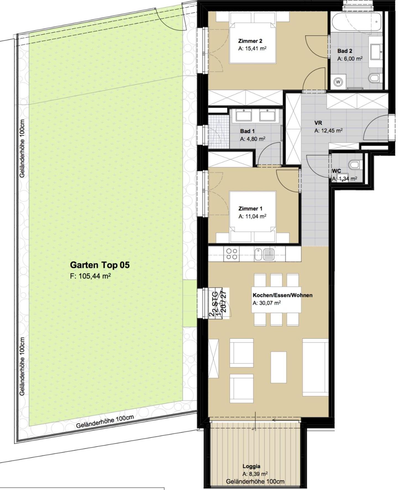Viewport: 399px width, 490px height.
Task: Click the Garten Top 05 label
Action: (x=100, y=265)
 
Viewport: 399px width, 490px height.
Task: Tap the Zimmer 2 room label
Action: (x=250, y=41)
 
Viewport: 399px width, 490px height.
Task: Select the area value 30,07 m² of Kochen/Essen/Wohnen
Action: (x=267, y=303)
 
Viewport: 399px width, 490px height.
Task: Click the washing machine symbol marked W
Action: (x=338, y=82)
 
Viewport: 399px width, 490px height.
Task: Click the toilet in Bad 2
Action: (x=374, y=78)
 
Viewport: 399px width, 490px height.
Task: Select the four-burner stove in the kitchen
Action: (x=232, y=254)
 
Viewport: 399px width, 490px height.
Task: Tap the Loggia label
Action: (x=251, y=466)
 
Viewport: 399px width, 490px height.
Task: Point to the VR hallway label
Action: (x=318, y=123)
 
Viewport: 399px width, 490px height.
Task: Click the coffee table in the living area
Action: (x=279, y=367)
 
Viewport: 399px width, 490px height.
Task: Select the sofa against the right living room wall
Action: (x=316, y=367)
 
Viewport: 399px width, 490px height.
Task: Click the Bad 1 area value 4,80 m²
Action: (x=253, y=139)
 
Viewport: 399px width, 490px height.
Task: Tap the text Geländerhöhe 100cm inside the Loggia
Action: (x=255, y=481)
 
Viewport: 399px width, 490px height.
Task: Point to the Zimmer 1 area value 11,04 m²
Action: (x=252, y=216)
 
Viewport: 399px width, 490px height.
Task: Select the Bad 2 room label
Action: (x=345, y=51)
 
